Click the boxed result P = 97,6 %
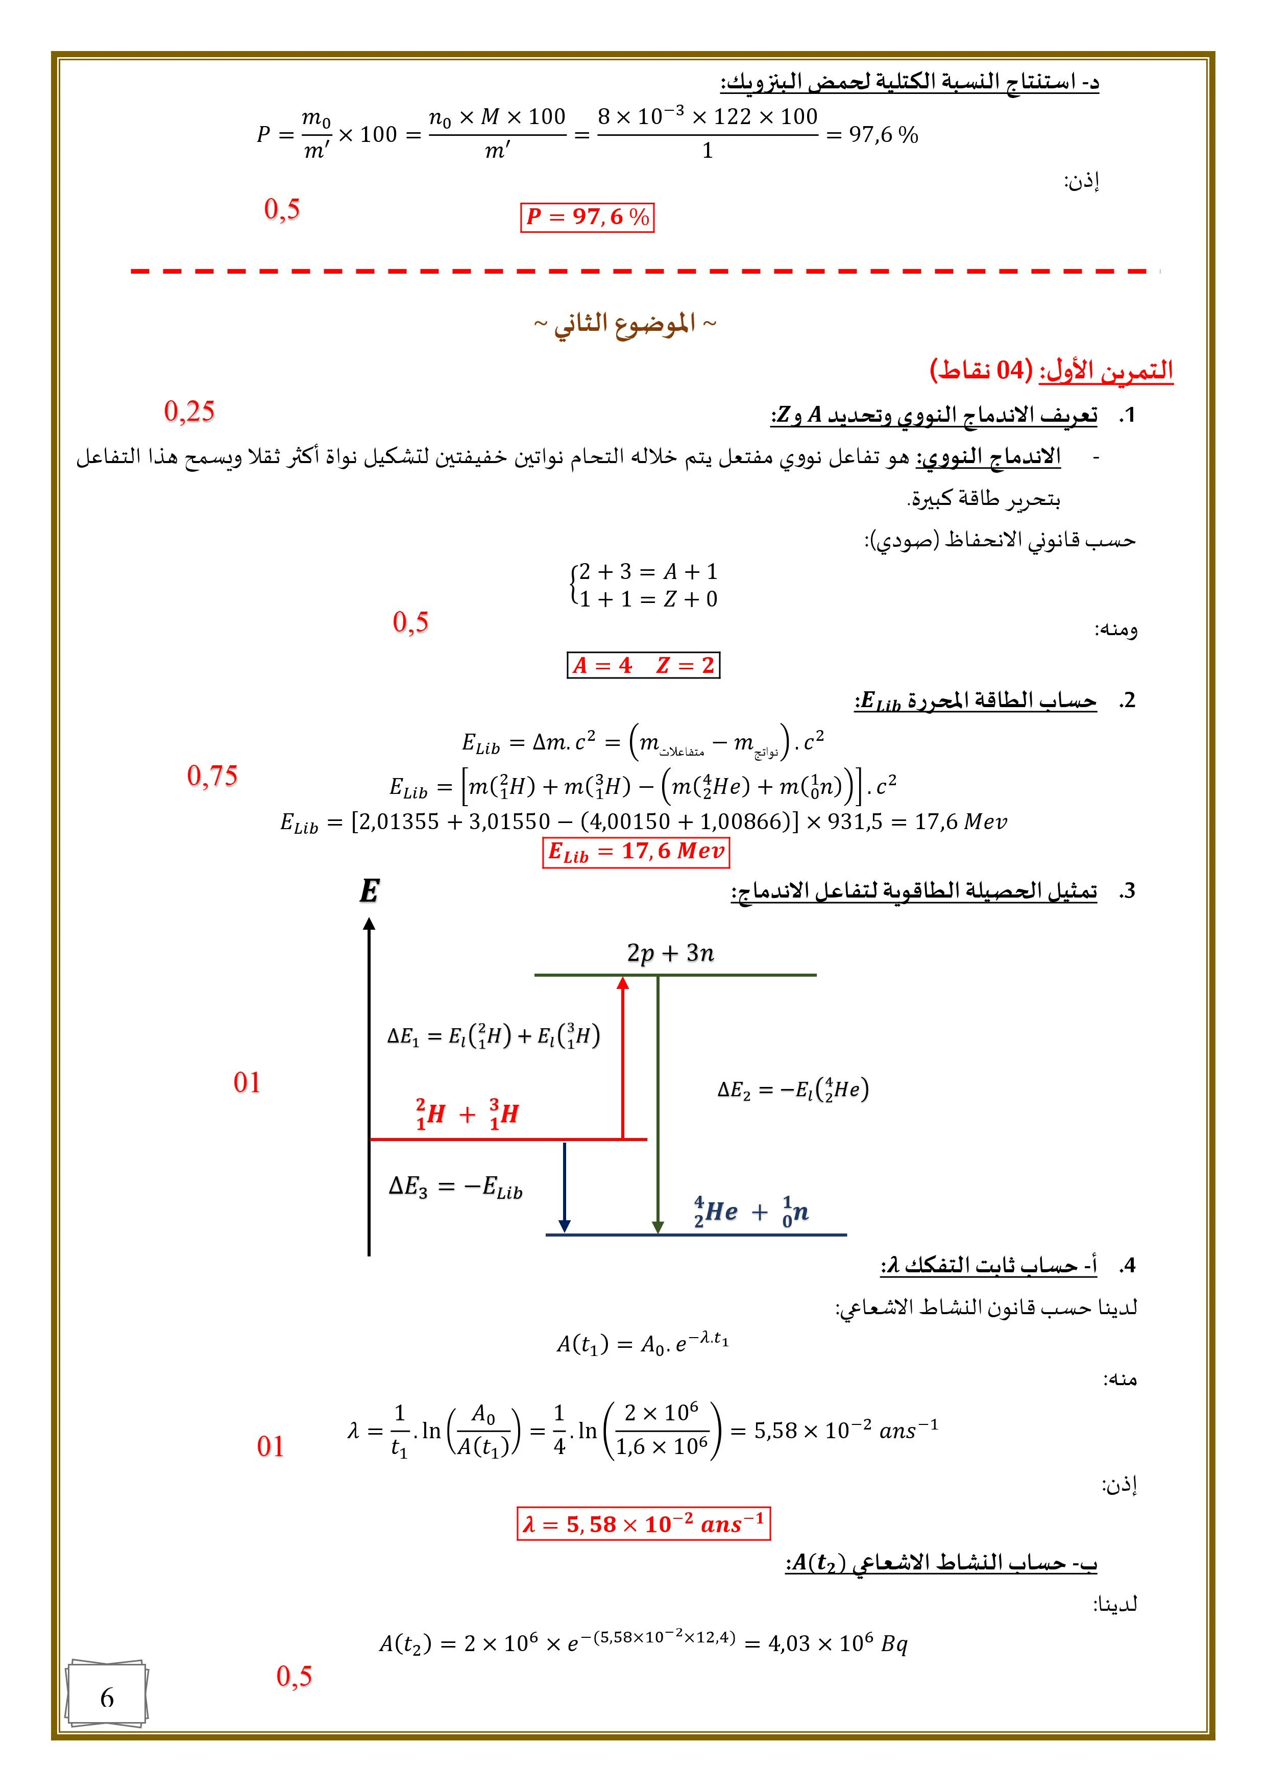(587, 217)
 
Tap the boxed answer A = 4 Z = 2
(643, 665)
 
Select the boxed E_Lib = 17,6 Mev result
(635, 851)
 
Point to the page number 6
(107, 1698)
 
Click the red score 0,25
(189, 411)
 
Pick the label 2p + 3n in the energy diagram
(670, 953)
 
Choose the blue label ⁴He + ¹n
(750, 1212)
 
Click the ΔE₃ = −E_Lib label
(455, 1187)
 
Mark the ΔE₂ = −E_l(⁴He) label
(792, 1089)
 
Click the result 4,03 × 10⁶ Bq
(837, 1643)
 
